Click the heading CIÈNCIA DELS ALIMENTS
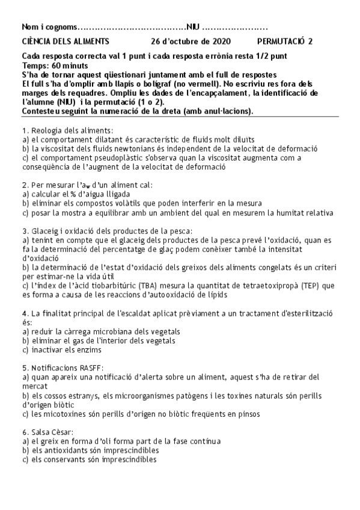tap(65, 41)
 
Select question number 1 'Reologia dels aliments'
tap(66, 130)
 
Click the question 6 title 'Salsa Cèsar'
tap(47, 432)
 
